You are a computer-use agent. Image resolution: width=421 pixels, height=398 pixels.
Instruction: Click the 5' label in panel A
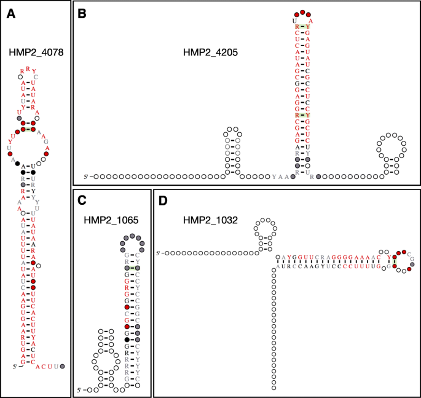point(16,367)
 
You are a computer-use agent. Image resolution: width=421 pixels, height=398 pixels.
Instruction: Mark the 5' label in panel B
point(87,177)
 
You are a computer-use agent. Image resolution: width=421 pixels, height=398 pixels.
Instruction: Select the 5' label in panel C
point(80,390)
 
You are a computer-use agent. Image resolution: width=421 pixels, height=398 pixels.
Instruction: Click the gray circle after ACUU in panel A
point(63,367)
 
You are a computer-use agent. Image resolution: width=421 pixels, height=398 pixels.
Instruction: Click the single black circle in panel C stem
point(127,340)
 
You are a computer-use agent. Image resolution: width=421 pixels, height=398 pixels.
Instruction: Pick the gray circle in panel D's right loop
point(412,265)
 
